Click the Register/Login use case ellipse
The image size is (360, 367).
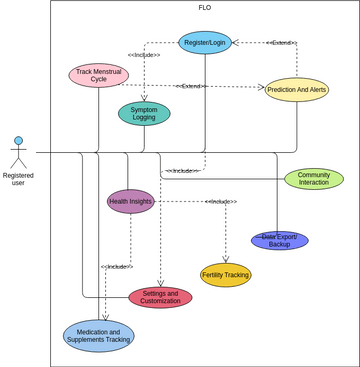tap(205, 42)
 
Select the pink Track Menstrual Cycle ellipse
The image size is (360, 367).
tap(98, 75)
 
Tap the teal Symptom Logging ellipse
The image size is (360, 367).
tap(144, 113)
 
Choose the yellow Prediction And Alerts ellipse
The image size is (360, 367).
tap(297, 90)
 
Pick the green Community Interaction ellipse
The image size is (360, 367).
tap(314, 179)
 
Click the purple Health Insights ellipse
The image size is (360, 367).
tap(131, 201)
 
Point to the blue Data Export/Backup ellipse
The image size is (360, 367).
tap(279, 240)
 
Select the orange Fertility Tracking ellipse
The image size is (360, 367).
tap(225, 275)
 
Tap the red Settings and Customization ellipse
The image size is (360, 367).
tap(160, 297)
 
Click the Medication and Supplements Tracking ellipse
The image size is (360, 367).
tap(98, 336)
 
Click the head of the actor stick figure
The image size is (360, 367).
tap(18, 141)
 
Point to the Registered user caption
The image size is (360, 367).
tap(18, 179)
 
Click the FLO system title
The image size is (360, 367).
tap(204, 7)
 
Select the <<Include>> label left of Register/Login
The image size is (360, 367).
tap(144, 55)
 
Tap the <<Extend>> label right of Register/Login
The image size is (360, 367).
tap(281, 43)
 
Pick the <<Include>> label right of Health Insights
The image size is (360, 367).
tap(221, 202)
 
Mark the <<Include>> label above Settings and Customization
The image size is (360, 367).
tap(117, 267)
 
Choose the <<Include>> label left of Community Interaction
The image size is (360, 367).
tap(182, 171)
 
